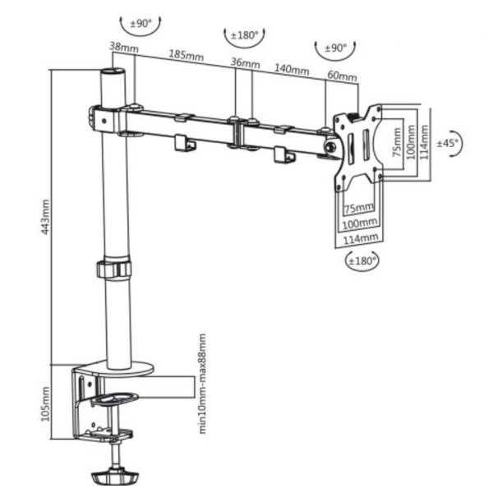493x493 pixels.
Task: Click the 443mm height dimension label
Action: [45, 217]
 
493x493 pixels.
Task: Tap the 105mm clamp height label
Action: [45, 403]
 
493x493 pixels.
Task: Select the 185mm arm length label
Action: [187, 55]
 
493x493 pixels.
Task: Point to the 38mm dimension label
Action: [124, 47]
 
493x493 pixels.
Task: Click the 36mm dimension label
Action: [245, 63]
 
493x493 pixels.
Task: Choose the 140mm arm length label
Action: [292, 70]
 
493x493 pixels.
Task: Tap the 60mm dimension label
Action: [342, 76]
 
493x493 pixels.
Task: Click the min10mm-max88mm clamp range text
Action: [202, 384]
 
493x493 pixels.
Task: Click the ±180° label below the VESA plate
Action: [362, 260]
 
